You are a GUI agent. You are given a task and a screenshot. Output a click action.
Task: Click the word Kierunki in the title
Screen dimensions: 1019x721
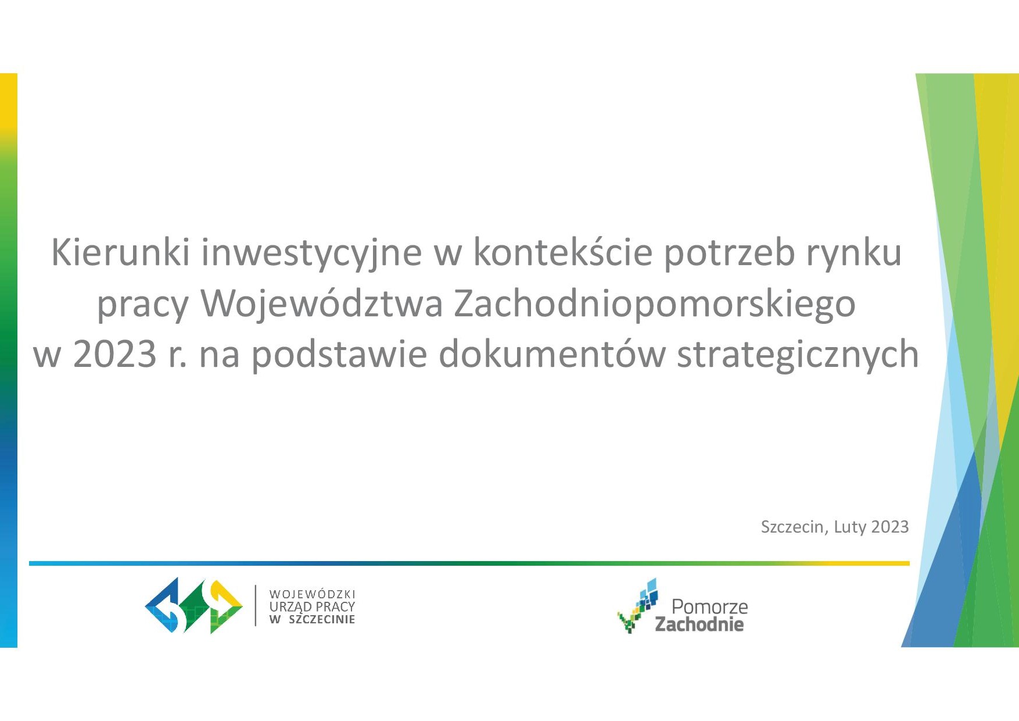pyautogui.click(x=120, y=252)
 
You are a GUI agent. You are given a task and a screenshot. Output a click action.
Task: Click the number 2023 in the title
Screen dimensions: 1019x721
pyautogui.click(x=114, y=354)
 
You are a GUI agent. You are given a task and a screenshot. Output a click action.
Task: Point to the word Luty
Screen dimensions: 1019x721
pyautogui.click(x=850, y=527)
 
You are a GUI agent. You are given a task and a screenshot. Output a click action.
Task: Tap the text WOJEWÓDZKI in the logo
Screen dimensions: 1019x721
pyautogui.click(x=312, y=594)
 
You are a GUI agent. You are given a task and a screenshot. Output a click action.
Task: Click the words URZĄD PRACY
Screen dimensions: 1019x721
pyautogui.click(x=312, y=606)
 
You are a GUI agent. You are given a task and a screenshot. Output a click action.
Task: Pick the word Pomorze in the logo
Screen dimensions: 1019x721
pyautogui.click(x=709, y=607)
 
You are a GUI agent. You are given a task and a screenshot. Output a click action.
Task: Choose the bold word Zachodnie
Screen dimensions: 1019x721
pyautogui.click(x=699, y=624)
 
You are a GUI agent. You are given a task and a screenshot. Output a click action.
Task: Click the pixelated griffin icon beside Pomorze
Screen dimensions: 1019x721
pyautogui.click(x=638, y=605)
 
